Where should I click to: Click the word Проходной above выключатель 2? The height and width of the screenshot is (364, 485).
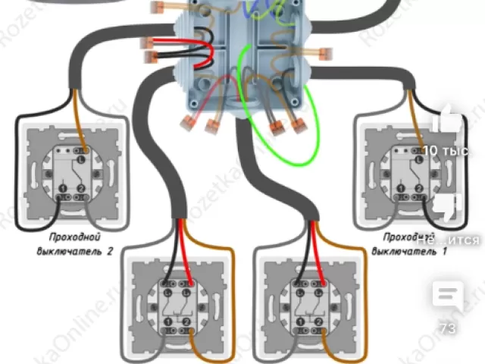tap(74, 237)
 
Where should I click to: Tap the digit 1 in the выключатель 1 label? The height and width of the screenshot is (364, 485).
tap(444, 252)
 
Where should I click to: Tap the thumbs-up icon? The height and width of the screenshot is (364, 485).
tap(447, 121)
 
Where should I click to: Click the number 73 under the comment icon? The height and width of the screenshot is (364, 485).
tap(447, 328)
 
